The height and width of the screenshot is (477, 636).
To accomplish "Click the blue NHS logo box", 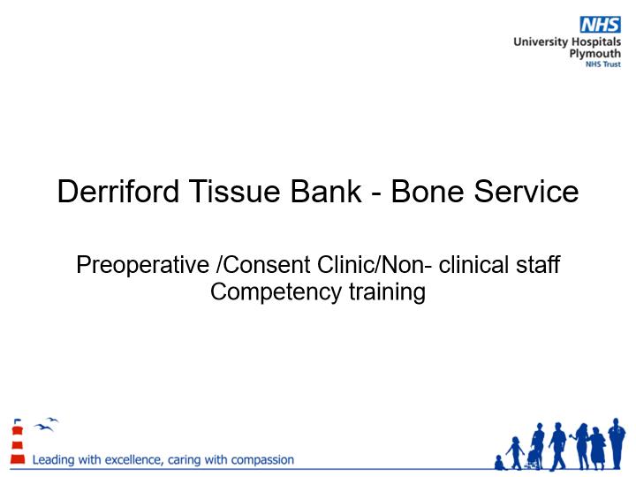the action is click(x=600, y=25).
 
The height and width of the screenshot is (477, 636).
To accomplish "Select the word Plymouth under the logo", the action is click(x=595, y=54).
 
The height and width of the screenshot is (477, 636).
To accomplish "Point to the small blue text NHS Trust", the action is click(x=603, y=64).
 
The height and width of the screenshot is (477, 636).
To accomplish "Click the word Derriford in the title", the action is click(x=118, y=191).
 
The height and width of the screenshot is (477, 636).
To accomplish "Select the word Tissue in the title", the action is click(x=235, y=191).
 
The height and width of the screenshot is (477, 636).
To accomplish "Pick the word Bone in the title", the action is click(x=428, y=191).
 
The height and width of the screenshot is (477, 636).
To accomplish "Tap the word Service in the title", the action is click(x=526, y=191).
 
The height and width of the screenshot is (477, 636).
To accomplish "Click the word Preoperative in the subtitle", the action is click(x=142, y=265).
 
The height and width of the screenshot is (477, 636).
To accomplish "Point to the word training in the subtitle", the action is click(x=387, y=292).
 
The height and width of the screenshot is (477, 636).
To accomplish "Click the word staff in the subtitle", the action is click(x=538, y=264).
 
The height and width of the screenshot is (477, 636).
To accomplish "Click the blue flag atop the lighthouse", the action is click(x=17, y=421).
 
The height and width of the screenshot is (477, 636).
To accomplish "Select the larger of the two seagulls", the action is click(x=43, y=428).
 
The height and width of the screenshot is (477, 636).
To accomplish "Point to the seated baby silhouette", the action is click(x=500, y=463).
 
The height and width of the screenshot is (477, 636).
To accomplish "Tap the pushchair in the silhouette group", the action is click(x=534, y=460).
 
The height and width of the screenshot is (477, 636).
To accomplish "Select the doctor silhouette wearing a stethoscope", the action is click(x=617, y=443).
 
